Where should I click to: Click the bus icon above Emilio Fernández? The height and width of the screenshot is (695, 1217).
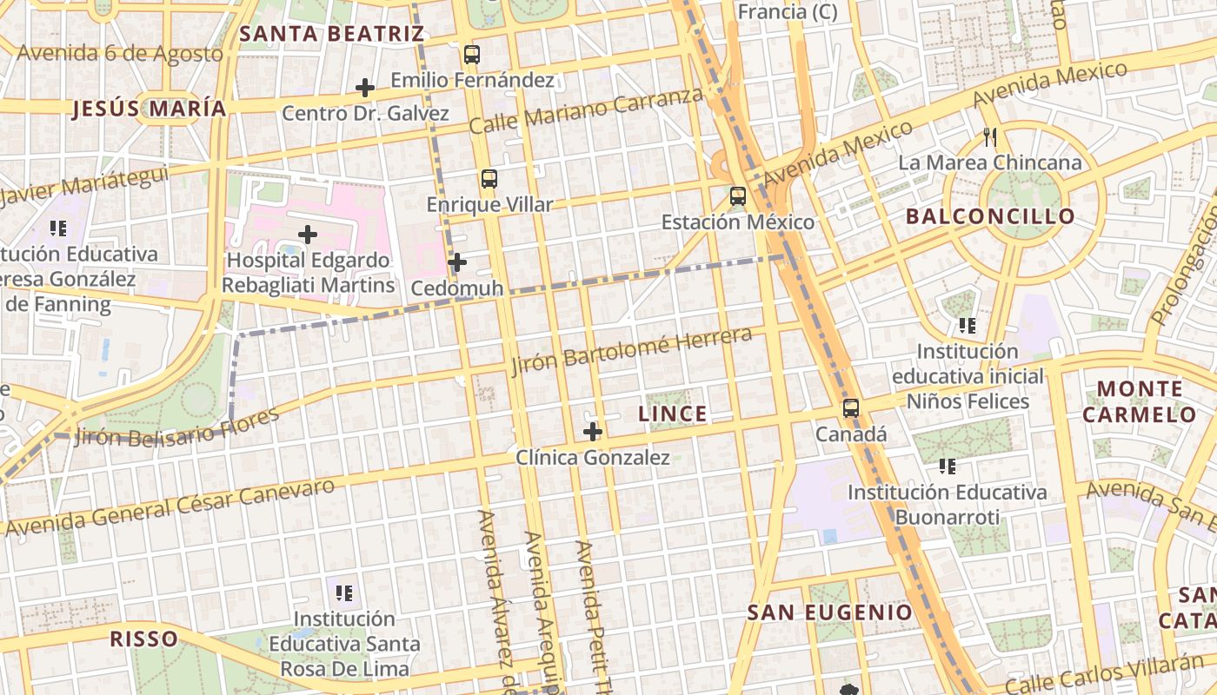tap(471, 54)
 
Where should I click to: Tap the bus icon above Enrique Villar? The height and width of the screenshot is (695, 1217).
tap(489, 179)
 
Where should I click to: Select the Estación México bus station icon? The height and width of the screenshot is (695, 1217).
tap(738, 195)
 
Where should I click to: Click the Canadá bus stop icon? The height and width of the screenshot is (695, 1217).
tap(851, 407)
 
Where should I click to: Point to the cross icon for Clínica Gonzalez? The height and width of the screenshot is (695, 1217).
tap(593, 431)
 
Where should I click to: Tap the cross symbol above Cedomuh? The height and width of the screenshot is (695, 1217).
tap(457, 261)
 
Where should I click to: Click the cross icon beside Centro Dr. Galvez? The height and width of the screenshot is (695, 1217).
tap(365, 88)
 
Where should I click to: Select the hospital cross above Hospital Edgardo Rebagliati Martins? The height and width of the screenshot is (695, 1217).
tap(308, 235)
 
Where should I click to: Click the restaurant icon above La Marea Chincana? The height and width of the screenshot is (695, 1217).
tap(989, 136)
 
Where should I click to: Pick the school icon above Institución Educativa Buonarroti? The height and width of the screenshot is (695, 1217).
tap(948, 467)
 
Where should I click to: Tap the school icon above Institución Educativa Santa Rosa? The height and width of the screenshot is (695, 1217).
tap(344, 592)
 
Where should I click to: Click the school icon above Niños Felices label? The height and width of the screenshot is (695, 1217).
tap(967, 326)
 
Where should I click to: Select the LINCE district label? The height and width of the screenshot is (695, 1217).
tap(673, 414)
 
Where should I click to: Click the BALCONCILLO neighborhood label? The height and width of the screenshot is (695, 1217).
tap(990, 216)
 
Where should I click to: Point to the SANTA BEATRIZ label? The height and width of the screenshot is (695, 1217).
tap(331, 34)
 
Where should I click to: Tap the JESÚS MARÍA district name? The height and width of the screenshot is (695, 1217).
tap(150, 109)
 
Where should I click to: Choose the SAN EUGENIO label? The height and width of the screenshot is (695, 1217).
tap(830, 612)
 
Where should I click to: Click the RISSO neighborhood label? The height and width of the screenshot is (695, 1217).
tap(143, 639)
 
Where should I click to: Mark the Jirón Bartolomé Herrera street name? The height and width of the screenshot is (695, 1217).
tap(631, 350)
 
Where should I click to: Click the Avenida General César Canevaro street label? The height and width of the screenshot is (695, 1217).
tap(170, 507)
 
